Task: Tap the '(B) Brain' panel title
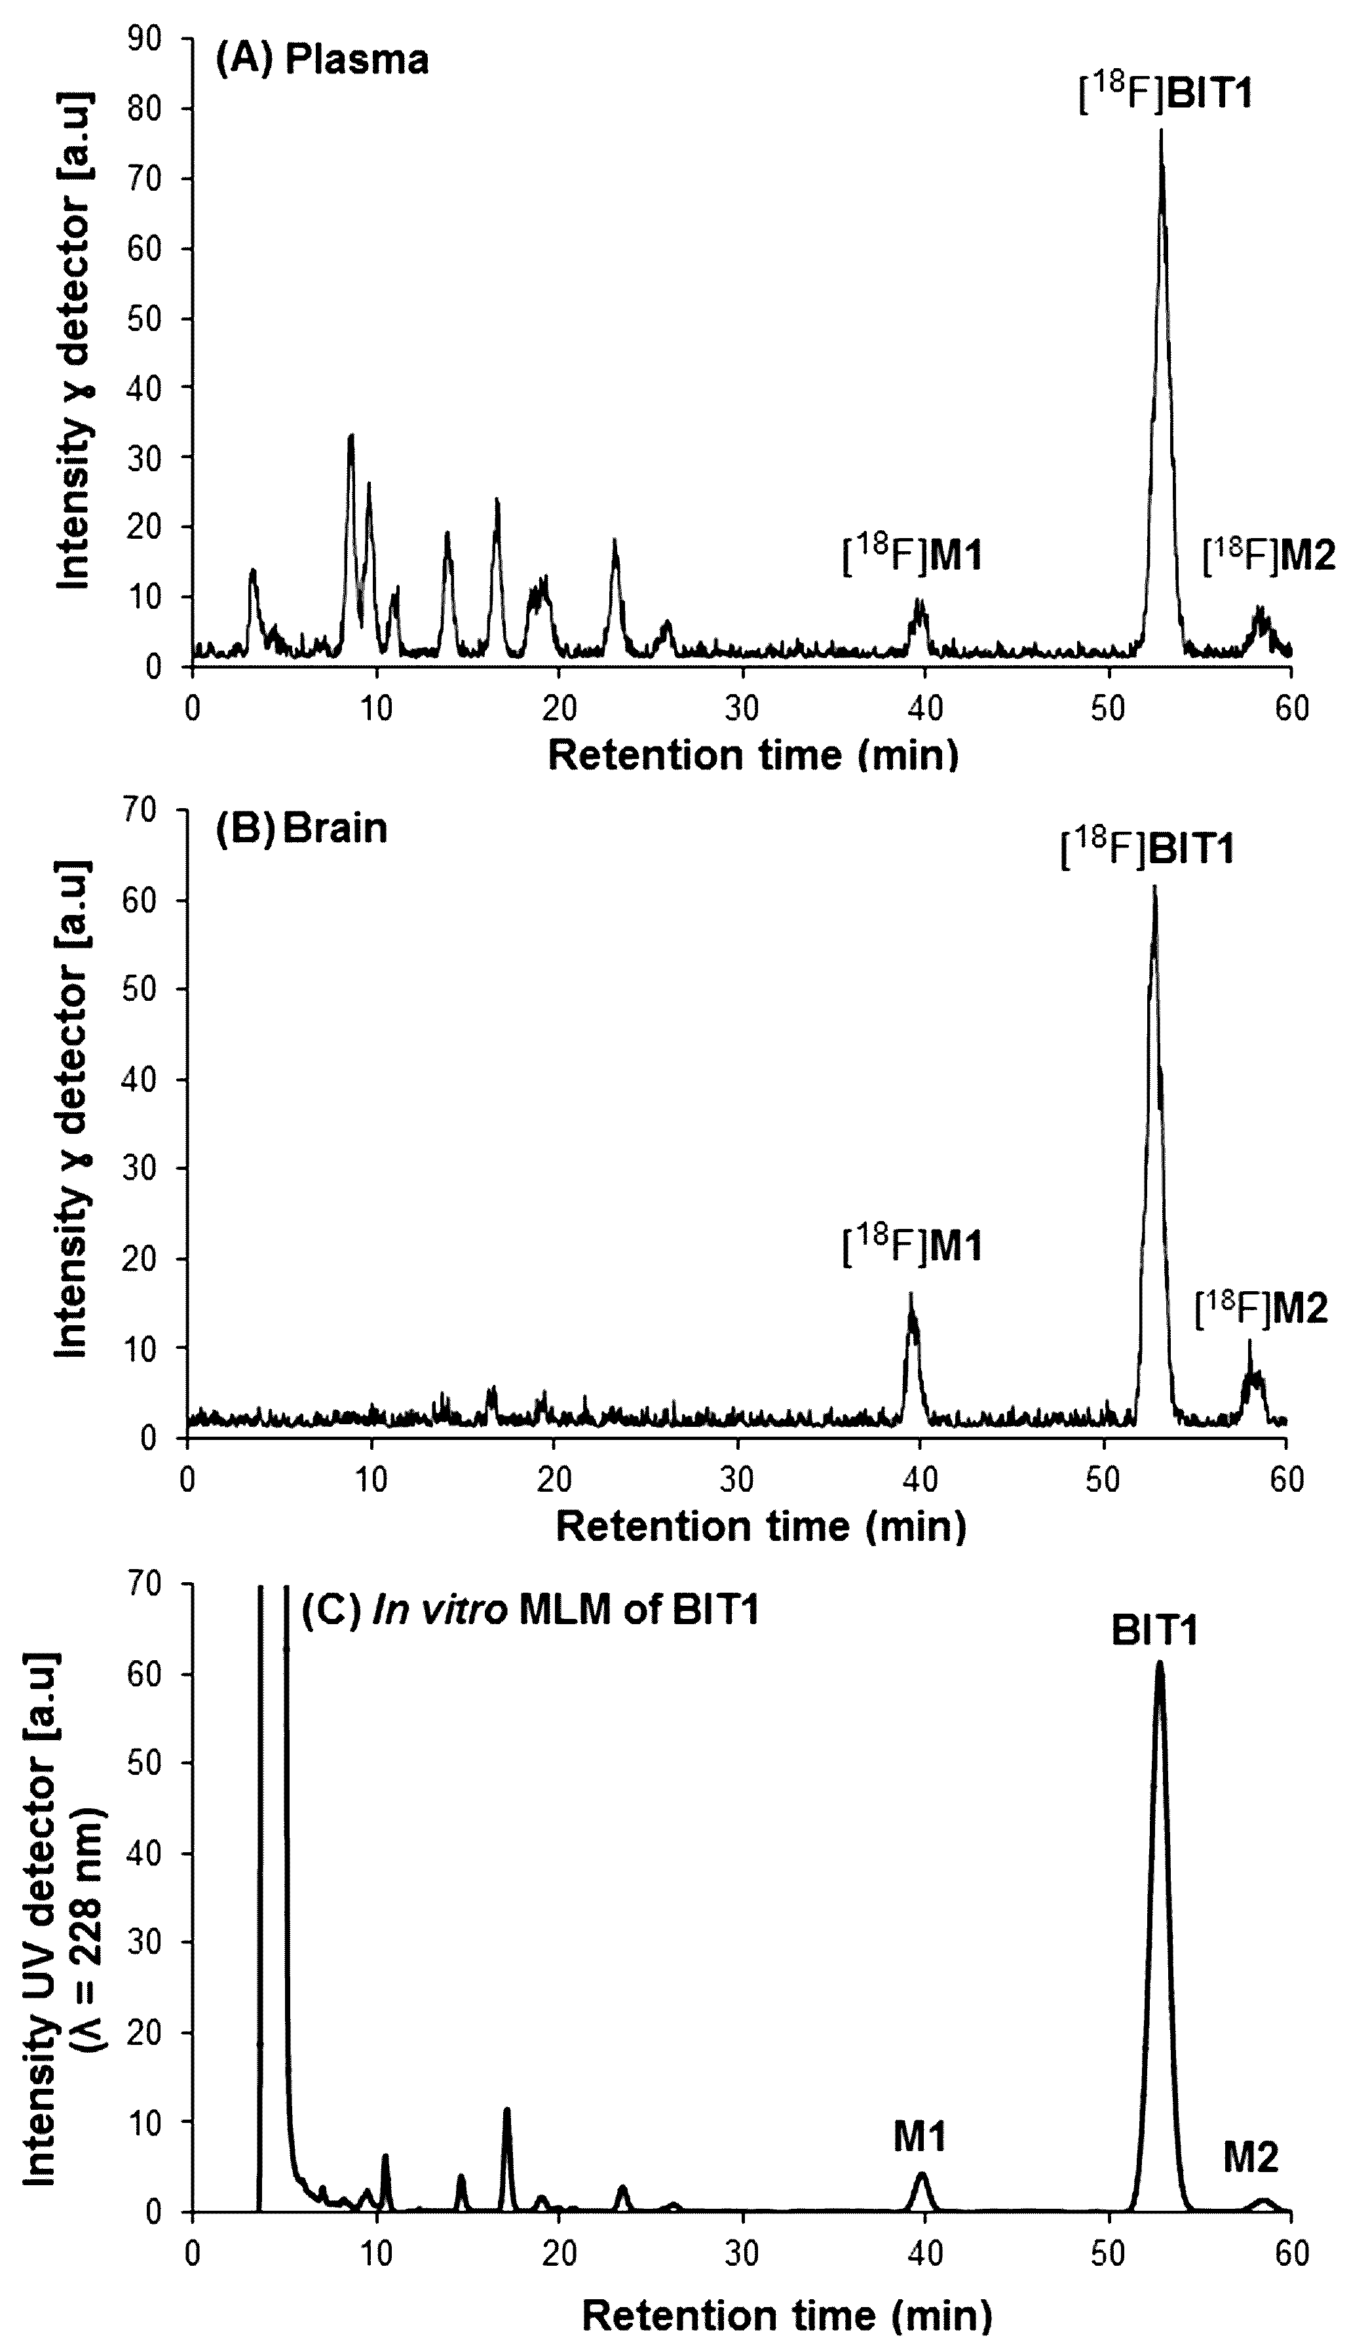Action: (x=301, y=828)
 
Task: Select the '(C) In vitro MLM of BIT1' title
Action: (x=531, y=1610)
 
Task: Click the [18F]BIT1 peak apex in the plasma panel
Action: (x=1160, y=132)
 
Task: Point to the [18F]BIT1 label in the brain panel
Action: (x=1147, y=848)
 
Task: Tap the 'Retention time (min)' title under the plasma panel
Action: (x=752, y=755)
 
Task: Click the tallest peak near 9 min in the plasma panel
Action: (x=351, y=436)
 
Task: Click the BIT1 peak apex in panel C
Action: (x=1158, y=1662)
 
